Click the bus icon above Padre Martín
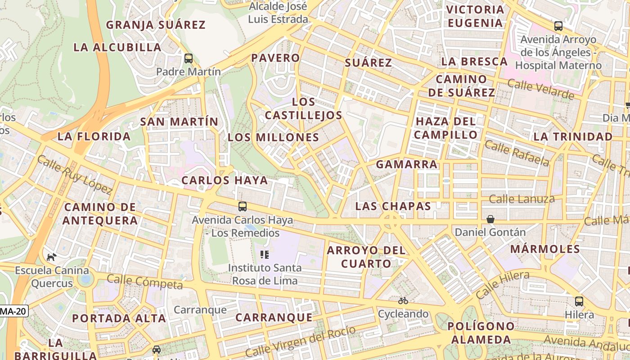[189, 58]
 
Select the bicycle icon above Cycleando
[403, 301]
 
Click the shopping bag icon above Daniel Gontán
[490, 219]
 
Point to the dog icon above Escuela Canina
[52, 257]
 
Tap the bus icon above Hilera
[579, 301]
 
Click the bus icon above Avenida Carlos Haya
[242, 207]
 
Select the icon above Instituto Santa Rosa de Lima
[265, 255]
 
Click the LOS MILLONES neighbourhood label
[273, 138]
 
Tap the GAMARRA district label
[407, 165]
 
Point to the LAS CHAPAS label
[393, 206]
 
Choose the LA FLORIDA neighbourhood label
[94, 136]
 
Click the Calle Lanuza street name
[522, 199]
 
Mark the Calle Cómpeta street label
[145, 282]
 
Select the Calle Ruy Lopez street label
[75, 175]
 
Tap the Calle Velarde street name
[540, 89]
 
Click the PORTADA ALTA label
[119, 318]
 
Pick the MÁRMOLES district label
[545, 249]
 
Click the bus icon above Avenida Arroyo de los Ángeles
[558, 26]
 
